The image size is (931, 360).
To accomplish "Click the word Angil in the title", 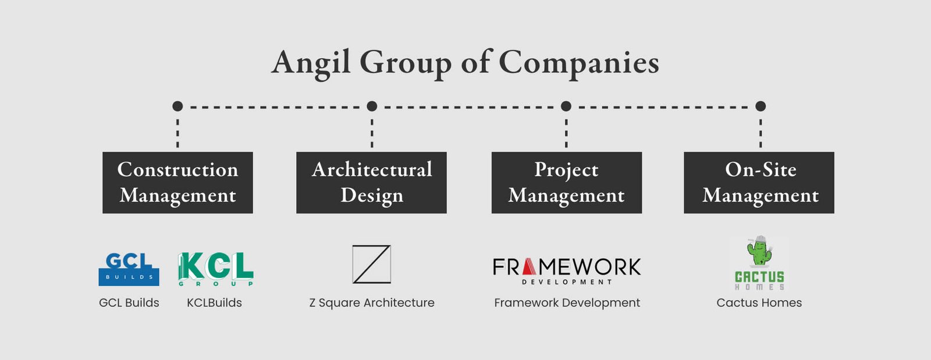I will click(x=311, y=62).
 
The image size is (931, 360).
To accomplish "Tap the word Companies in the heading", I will click(x=578, y=62).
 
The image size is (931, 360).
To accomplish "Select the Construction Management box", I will click(x=177, y=183).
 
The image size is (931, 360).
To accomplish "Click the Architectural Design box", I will click(x=371, y=183).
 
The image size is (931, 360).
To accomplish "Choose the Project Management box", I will click(x=566, y=183).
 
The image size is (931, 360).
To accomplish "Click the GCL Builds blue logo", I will click(x=129, y=269).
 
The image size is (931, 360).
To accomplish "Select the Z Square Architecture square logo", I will click(x=371, y=265).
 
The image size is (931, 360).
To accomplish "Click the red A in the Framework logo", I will click(x=528, y=267).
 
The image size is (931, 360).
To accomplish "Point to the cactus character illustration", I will click(x=759, y=251).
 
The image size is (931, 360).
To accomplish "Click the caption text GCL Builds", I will click(x=129, y=303).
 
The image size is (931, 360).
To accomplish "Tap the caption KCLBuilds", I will click(x=214, y=303).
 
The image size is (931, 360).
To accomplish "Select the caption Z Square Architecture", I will click(x=371, y=303).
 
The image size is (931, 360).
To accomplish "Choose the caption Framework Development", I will click(x=567, y=303).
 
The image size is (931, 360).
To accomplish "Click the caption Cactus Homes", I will click(x=759, y=303).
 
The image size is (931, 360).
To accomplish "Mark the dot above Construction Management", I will click(x=177, y=106).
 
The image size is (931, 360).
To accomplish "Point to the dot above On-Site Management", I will click(x=761, y=106).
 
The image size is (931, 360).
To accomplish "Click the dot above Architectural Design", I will click(x=372, y=106).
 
